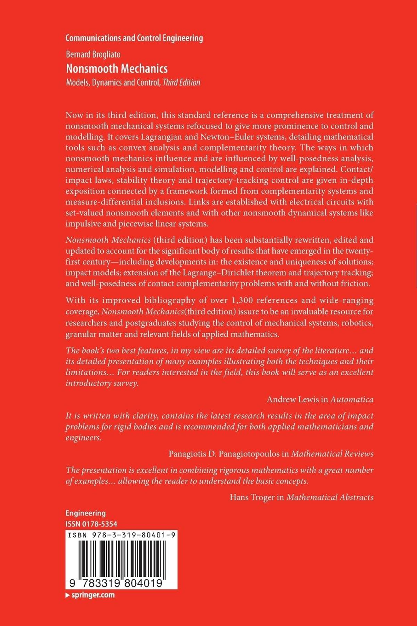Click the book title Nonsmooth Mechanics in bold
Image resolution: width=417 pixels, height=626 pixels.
117,69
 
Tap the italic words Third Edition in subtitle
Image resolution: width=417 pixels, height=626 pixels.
181,82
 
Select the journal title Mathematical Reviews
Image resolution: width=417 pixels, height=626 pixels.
332,454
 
